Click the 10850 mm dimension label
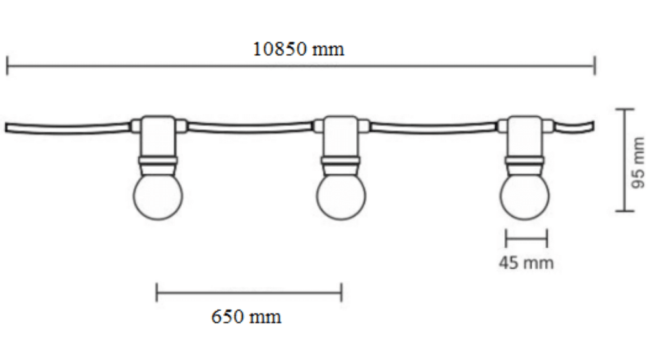[298, 49]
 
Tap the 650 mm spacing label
[246, 317]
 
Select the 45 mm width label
[526, 263]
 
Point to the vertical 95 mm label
[639, 163]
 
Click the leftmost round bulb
[158, 197]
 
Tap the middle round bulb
[341, 197]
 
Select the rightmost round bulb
[524, 197]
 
